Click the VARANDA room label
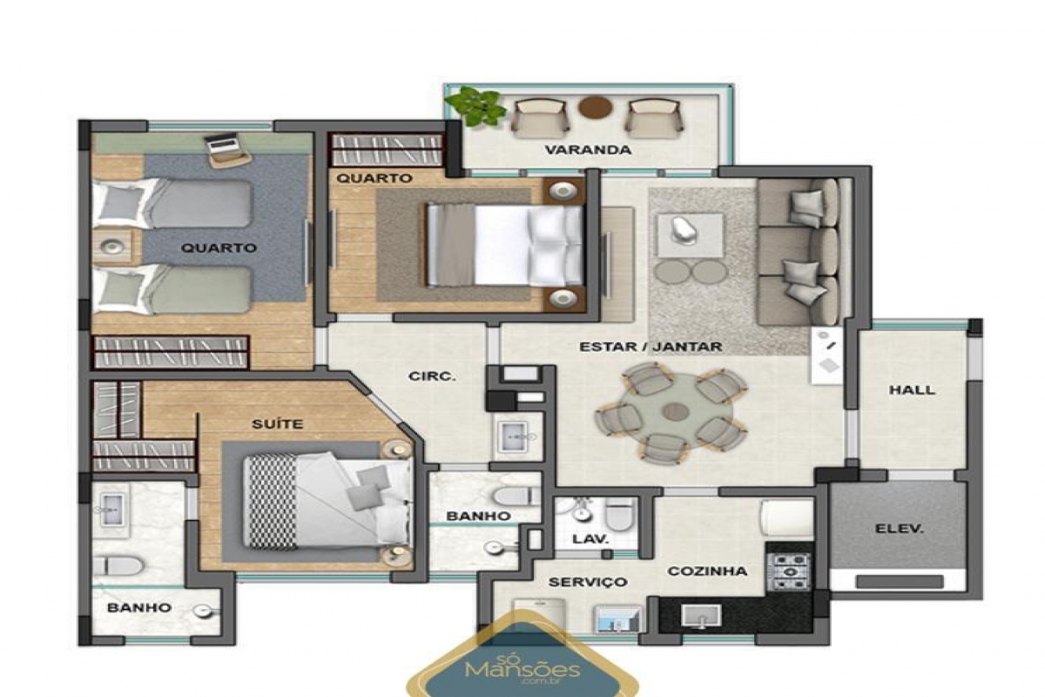click(588, 150)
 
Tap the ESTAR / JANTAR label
click(651, 347)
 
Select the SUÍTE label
click(278, 424)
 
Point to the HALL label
click(912, 389)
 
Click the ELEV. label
click(899, 529)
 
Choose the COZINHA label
click(707, 571)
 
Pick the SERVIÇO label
click(588, 582)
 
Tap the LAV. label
click(590, 539)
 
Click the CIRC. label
click(432, 376)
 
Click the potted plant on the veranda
click(475, 105)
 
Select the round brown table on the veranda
click(596, 107)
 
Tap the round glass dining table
click(675, 412)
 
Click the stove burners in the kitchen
click(788, 571)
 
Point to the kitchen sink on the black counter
click(701, 616)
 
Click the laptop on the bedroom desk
click(224, 144)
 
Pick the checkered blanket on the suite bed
click(271, 501)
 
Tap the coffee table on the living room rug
click(691, 235)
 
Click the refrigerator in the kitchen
click(787, 518)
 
